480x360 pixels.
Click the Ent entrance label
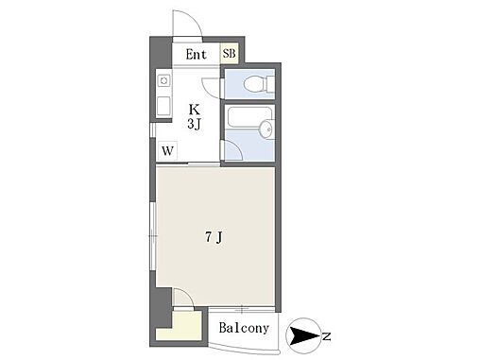point(196,55)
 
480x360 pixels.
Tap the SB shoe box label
point(229,54)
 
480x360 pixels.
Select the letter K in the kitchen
point(194,110)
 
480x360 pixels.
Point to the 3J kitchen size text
point(194,124)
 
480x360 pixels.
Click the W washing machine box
point(167,151)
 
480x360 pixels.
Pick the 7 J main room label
point(214,237)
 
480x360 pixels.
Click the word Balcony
point(244,328)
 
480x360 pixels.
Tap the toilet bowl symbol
point(255,83)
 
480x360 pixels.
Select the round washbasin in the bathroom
point(267,129)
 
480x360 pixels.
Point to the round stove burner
point(163,81)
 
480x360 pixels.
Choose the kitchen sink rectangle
point(163,106)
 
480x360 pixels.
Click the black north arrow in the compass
point(304,335)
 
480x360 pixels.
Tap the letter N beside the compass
point(327,336)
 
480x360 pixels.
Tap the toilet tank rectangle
point(270,84)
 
